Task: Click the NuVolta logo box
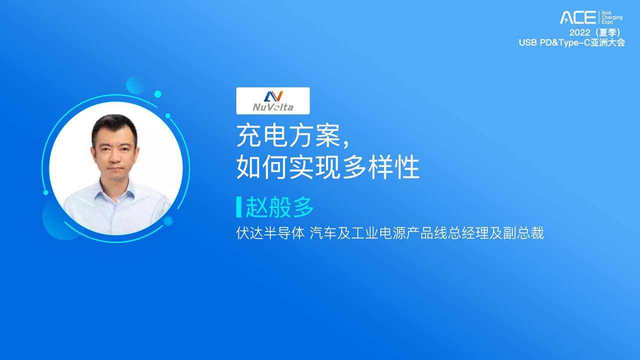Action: (x=273, y=101)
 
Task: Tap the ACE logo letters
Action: (x=577, y=17)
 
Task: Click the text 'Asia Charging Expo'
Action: (x=612, y=17)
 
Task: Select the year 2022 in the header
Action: (x=579, y=32)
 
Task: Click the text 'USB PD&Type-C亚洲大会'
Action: (x=571, y=42)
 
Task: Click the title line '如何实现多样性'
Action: (x=328, y=167)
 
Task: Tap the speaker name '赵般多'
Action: (x=279, y=207)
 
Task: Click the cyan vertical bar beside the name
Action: (x=239, y=207)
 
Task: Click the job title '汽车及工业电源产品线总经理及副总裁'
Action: (x=427, y=233)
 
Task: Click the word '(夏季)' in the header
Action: (x=608, y=32)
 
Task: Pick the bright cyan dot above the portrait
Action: (x=157, y=94)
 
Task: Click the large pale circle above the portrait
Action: (x=135, y=85)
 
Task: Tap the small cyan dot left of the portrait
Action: (x=45, y=192)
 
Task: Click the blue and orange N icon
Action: (x=273, y=96)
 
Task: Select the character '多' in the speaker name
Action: (x=303, y=207)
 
